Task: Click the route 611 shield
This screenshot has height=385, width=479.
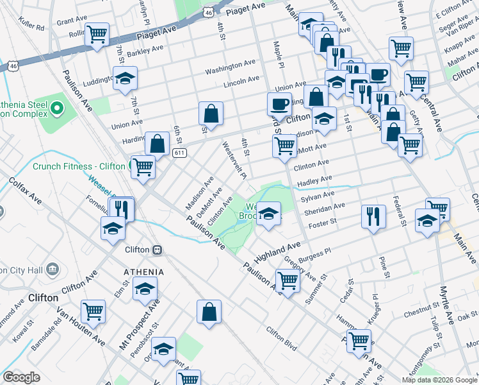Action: click(180, 152)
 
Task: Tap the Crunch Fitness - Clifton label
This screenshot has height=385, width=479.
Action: click(79, 166)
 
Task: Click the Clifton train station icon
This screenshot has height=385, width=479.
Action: click(157, 249)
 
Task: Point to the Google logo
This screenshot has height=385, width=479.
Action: click(21, 377)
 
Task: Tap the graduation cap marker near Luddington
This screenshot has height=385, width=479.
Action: click(125, 78)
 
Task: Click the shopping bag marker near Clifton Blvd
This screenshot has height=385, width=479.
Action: click(209, 312)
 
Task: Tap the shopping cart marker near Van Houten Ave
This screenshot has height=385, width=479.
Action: click(93, 312)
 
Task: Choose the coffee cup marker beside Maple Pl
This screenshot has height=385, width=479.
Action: click(279, 103)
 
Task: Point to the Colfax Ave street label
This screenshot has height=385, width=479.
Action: click(26, 192)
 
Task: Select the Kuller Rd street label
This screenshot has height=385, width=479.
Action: click(31, 28)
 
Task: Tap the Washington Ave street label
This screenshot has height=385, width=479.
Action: click(231, 66)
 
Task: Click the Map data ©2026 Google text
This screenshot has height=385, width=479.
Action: click(439, 379)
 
